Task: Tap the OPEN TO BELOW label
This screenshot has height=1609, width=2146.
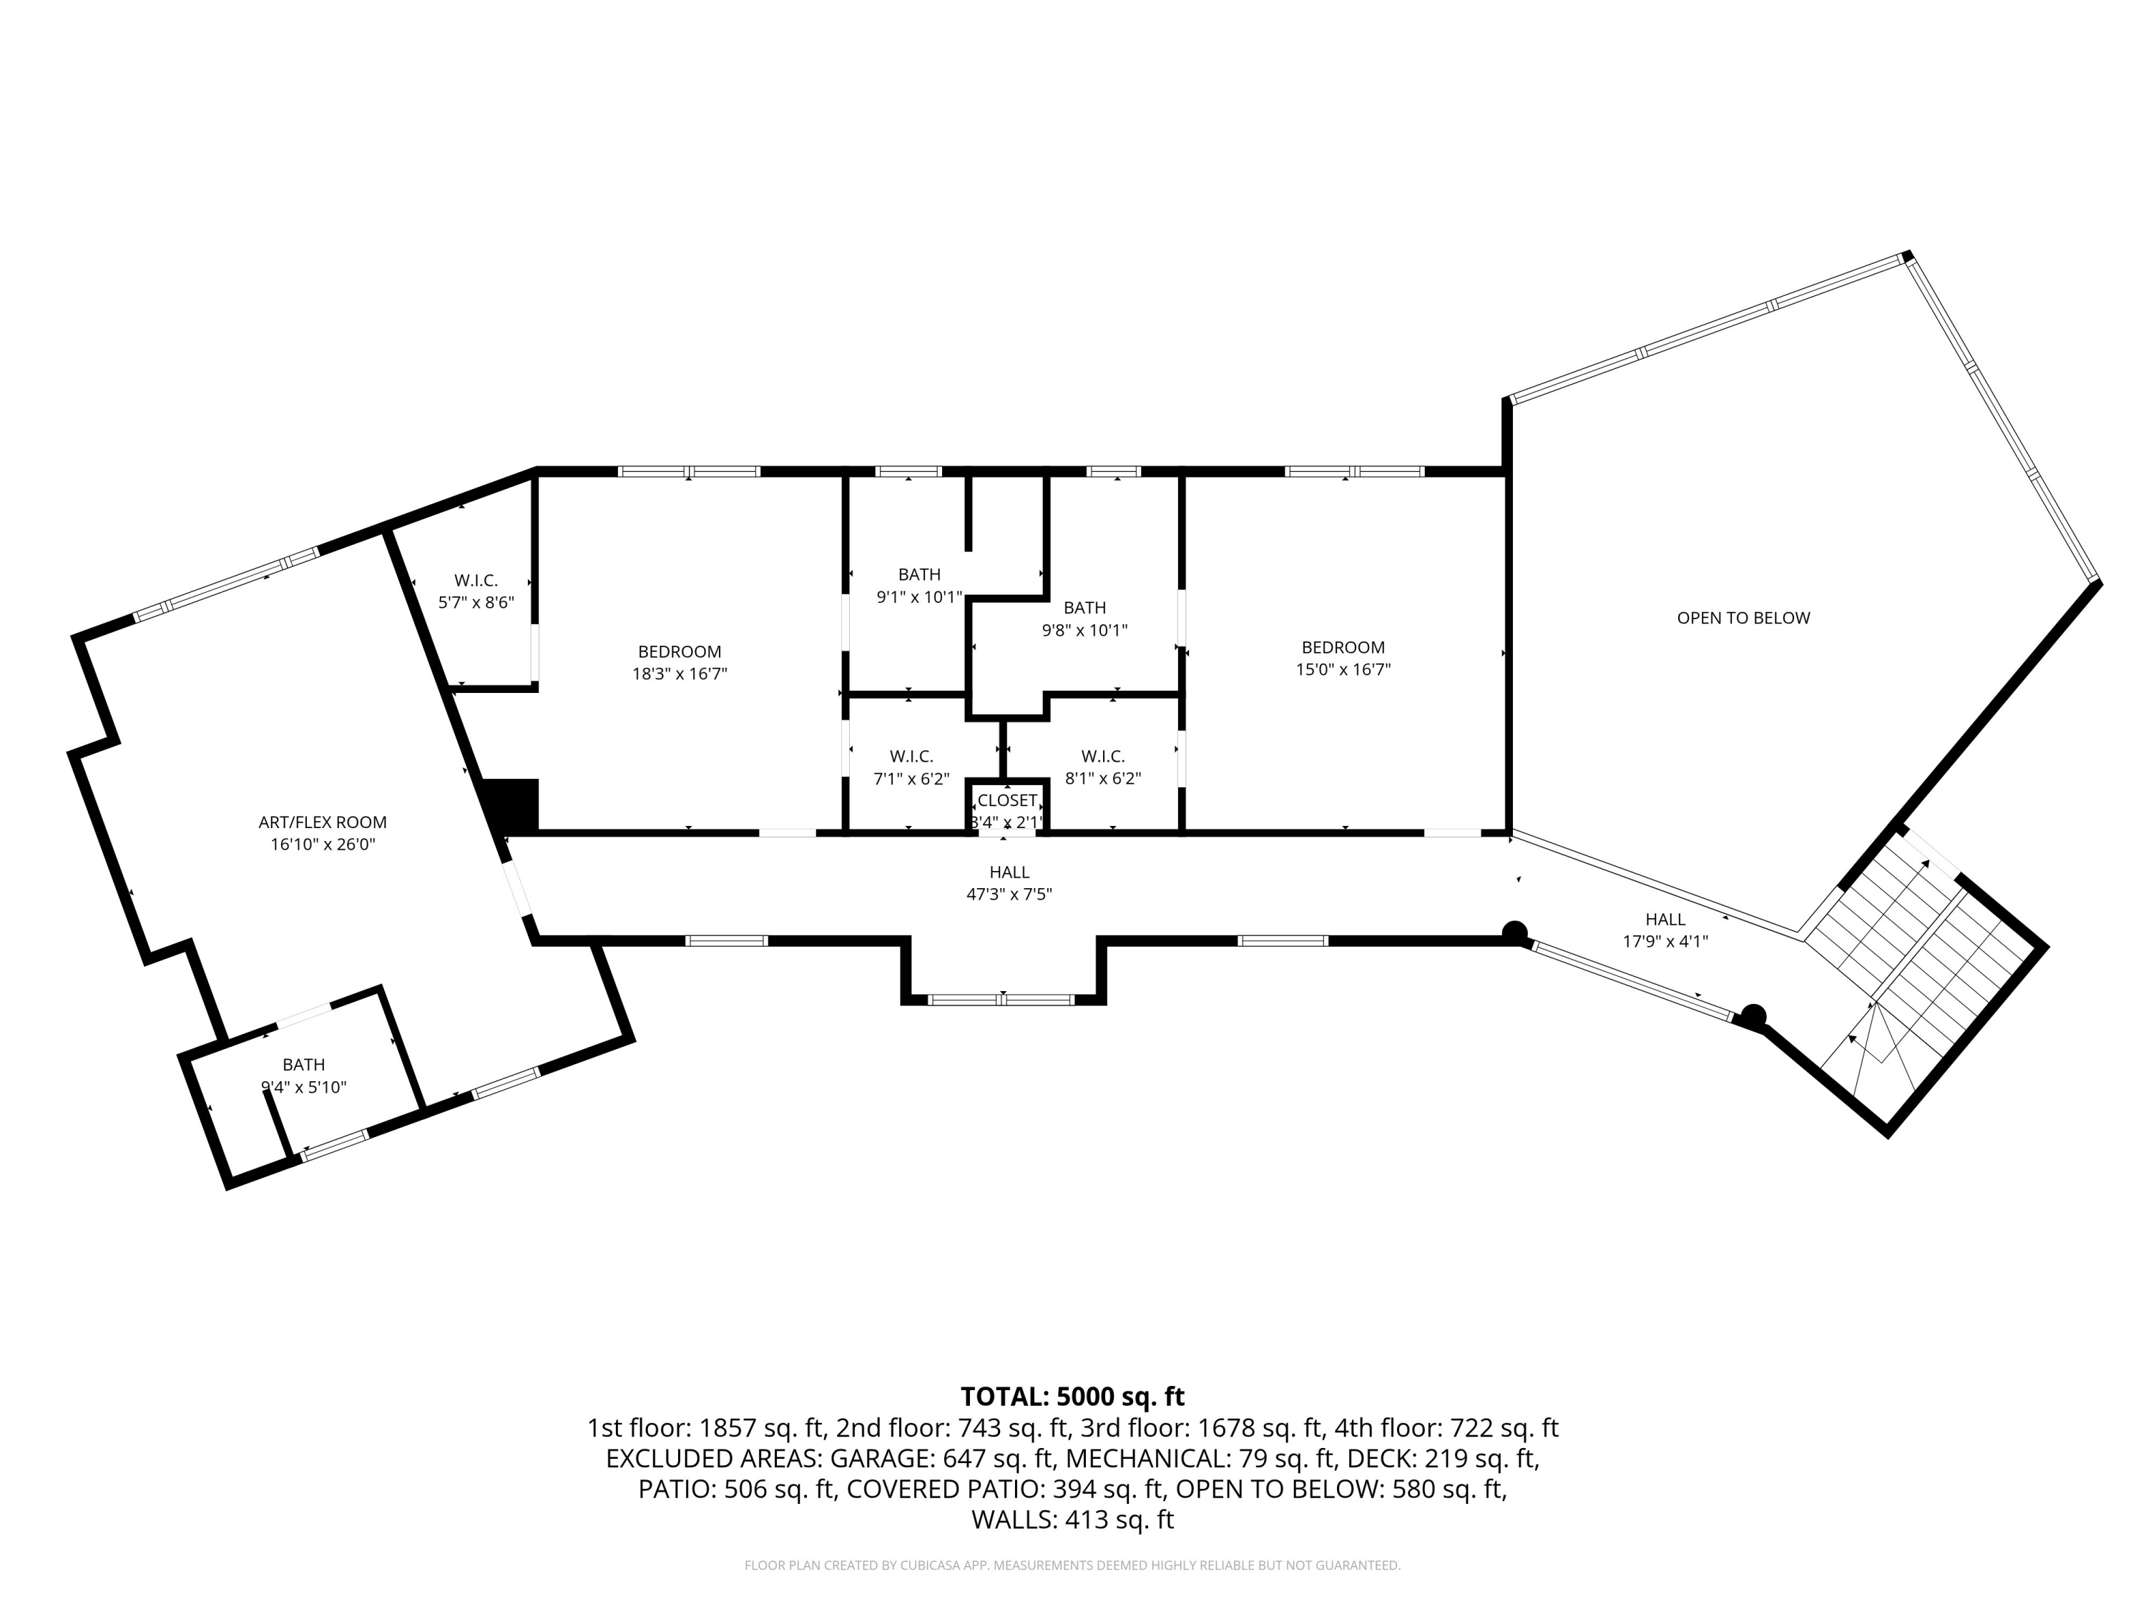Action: tap(1743, 618)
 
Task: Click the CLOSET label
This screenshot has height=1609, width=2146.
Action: tap(1007, 801)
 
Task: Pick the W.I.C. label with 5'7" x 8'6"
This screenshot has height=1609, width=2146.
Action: tap(476, 581)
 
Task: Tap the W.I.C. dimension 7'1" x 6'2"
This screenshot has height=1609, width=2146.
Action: tap(911, 778)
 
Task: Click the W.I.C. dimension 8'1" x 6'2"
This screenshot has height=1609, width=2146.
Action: tap(1102, 778)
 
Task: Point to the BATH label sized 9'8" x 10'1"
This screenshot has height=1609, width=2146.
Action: tap(1084, 608)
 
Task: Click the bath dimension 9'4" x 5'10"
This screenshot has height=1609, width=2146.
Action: tap(304, 1087)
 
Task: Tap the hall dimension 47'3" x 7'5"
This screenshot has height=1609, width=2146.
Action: tap(1009, 894)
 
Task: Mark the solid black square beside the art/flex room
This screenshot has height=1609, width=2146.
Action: tap(509, 805)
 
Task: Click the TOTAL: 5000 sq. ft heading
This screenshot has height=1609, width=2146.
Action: tap(1072, 1397)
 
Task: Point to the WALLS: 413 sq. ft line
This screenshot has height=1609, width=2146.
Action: tap(1072, 1520)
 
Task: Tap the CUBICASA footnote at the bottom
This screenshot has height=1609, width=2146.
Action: tap(1072, 1565)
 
